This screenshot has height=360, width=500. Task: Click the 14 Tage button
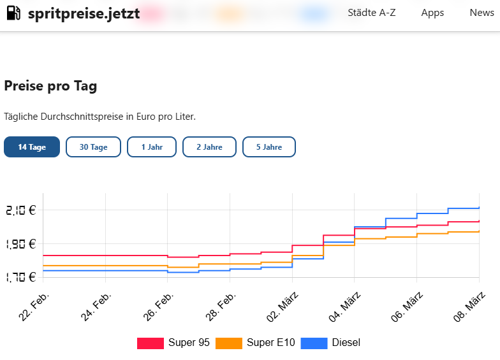click(32, 147)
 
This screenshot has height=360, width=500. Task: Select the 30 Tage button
click(93, 147)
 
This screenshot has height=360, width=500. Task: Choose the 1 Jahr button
click(152, 147)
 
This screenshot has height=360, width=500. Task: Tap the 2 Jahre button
click(209, 147)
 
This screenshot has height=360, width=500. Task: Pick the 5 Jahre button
click(269, 147)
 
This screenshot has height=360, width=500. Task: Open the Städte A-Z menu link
click(372, 13)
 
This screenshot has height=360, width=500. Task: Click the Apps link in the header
click(432, 13)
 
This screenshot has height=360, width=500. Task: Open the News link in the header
click(482, 13)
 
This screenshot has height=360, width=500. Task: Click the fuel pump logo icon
click(13, 13)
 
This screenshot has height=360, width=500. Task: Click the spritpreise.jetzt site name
click(84, 13)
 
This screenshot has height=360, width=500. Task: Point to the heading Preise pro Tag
click(50, 86)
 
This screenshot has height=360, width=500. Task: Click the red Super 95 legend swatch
click(151, 343)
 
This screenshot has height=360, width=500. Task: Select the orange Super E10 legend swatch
click(229, 343)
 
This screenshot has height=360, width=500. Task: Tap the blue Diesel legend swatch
click(314, 343)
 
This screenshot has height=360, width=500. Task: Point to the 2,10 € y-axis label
click(20, 210)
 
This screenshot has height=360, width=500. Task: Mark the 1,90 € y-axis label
click(20, 244)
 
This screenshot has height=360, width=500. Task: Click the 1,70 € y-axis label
click(20, 277)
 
